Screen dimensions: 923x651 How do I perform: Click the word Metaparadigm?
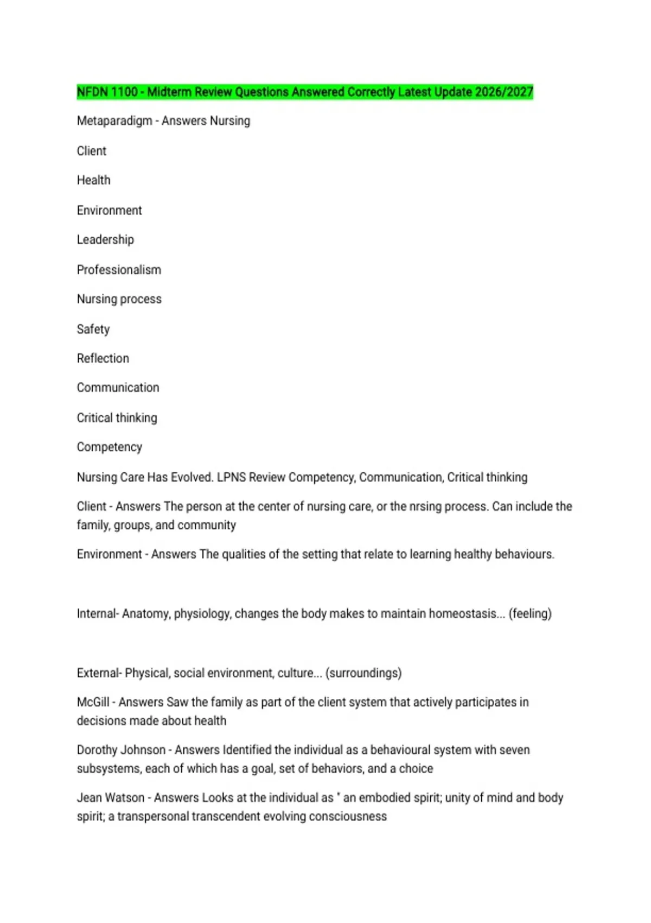pos(114,121)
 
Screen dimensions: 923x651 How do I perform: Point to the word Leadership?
pos(105,239)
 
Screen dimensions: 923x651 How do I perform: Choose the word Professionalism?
pos(119,270)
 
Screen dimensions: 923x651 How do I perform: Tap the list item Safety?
pos(93,329)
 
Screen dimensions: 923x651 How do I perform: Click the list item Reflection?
pos(103,358)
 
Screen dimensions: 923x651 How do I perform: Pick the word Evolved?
pos(192,477)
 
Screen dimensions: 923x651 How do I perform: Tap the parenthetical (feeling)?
pos(530,614)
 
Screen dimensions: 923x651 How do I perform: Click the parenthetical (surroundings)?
pos(363,673)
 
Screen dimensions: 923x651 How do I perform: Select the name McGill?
pos(93,702)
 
